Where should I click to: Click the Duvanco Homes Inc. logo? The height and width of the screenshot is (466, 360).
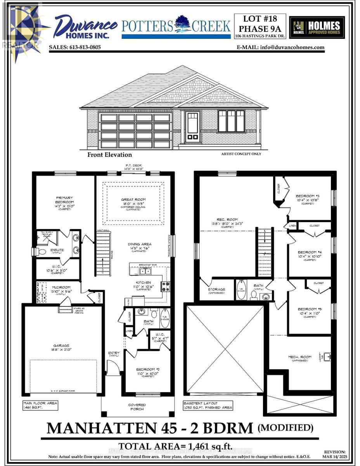85,26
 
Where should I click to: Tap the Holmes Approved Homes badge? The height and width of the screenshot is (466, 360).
317,27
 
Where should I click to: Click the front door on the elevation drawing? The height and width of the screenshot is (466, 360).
192,127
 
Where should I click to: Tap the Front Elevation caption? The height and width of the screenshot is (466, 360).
109,155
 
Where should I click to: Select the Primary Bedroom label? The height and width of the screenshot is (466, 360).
64,200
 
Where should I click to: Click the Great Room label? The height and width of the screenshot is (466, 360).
133,200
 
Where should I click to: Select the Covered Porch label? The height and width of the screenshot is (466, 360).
137,407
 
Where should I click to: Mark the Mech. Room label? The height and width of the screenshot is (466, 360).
298,357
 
